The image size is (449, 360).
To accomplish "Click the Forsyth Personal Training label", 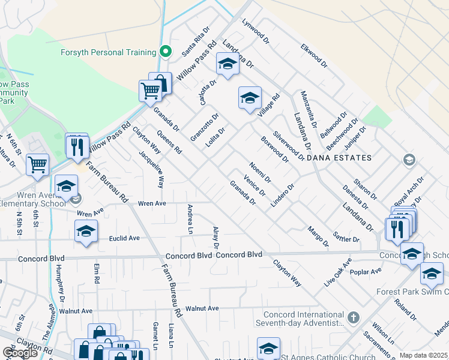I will [x=109, y=52].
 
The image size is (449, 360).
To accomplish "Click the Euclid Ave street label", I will [x=124, y=238].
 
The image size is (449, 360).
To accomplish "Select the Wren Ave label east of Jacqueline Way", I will [x=152, y=203].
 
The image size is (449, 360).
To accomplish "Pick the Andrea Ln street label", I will [x=190, y=219].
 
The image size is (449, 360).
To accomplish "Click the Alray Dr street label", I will [x=216, y=238].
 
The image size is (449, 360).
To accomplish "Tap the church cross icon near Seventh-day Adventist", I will [x=354, y=317].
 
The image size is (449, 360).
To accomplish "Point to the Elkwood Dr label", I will [x=314, y=54].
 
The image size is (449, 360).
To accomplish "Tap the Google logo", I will [x=20, y=353].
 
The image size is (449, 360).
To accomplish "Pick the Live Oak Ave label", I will [x=340, y=272].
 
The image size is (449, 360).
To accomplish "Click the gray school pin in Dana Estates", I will [x=409, y=159].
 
